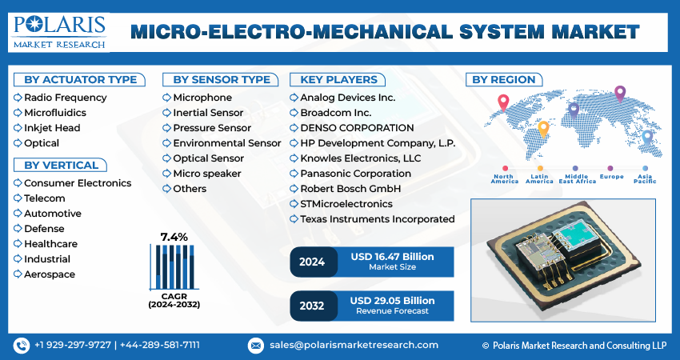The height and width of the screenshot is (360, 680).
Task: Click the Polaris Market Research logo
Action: (x=59, y=30)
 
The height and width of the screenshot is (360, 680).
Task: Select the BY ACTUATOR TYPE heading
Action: (x=79, y=79)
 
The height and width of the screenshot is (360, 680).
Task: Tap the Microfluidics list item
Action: (x=55, y=113)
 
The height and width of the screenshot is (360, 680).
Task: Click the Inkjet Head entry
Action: (x=52, y=128)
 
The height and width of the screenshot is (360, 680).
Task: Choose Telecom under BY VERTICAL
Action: (x=45, y=198)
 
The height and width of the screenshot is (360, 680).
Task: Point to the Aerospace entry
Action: (x=50, y=274)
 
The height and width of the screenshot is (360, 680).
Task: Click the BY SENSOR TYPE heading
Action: (x=222, y=79)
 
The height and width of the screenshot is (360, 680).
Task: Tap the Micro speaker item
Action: (x=206, y=174)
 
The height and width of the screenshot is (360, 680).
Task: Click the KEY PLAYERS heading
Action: (x=338, y=79)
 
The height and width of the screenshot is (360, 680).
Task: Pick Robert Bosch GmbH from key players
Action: (x=350, y=189)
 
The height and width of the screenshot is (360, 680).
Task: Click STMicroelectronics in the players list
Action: (x=346, y=204)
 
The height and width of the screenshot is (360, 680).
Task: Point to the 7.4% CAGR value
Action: (x=174, y=237)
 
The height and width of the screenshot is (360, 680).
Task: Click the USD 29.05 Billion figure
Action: (x=392, y=300)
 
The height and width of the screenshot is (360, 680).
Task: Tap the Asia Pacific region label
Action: (x=645, y=178)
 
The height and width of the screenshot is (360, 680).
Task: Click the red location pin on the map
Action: (x=503, y=102)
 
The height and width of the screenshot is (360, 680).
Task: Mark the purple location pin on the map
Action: (x=619, y=93)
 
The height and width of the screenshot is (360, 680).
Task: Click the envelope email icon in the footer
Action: (x=256, y=345)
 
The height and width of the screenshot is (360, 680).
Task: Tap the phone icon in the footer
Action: (x=22, y=345)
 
